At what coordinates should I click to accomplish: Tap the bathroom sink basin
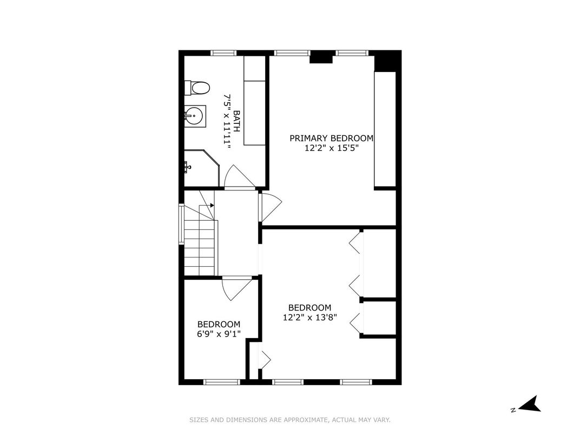[194, 116]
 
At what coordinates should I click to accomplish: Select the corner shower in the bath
[202, 168]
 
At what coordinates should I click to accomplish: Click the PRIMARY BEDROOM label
[332, 139]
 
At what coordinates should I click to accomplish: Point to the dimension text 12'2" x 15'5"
[332, 148]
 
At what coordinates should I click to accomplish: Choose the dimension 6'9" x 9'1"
[219, 334]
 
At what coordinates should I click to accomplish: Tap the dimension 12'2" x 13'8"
[310, 318]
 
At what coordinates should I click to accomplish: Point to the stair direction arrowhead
[212, 205]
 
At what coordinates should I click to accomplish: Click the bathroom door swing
[240, 177]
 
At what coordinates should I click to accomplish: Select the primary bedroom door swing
[271, 207]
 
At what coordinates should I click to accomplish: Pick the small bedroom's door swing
[237, 288]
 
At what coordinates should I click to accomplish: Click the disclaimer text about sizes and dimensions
[290, 420]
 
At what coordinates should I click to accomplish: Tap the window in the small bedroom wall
[222, 382]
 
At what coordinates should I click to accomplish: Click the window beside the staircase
[181, 224]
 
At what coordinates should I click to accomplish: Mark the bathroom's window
[223, 53]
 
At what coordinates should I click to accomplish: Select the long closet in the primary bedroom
[385, 129]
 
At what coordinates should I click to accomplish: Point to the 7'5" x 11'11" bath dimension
[227, 121]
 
